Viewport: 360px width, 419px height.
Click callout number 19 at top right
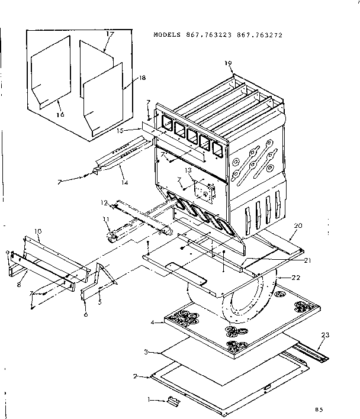coord(227,63)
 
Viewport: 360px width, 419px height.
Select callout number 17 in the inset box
coord(110,35)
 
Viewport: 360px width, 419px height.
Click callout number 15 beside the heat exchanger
coord(120,130)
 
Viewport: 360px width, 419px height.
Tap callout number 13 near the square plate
coord(188,170)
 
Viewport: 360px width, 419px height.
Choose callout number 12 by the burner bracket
coord(104,203)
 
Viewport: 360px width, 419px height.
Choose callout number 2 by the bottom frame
coord(136,376)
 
